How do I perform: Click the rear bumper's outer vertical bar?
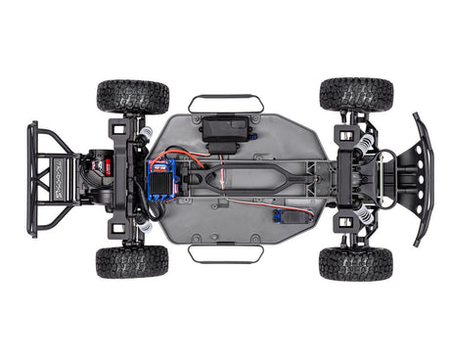[31, 179]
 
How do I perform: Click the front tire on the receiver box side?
[356, 95]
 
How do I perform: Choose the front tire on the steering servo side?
[355, 263]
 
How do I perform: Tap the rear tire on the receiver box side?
[132, 97]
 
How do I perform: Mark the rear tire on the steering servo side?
[132, 262]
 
